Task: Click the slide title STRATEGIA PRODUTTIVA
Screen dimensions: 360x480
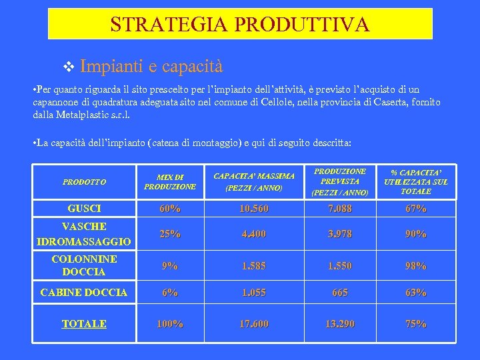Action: click(240, 25)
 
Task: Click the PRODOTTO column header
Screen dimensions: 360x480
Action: click(84, 181)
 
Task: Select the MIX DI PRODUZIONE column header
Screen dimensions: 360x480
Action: click(170, 181)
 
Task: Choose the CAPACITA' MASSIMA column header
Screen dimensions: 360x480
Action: click(254, 181)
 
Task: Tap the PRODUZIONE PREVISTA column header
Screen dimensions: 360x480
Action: click(339, 181)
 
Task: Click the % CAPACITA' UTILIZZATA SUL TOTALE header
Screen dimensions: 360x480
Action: click(416, 181)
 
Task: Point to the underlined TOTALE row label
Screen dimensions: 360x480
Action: click(84, 324)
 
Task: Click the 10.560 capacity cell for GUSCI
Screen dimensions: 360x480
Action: click(254, 209)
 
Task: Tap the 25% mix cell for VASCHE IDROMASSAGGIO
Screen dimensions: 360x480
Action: click(170, 234)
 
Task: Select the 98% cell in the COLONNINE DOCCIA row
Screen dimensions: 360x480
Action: click(416, 265)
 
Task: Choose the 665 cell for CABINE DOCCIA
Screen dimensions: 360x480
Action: click(339, 292)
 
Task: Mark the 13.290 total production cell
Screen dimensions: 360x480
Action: click(339, 324)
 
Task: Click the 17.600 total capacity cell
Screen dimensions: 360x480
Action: click(254, 324)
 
